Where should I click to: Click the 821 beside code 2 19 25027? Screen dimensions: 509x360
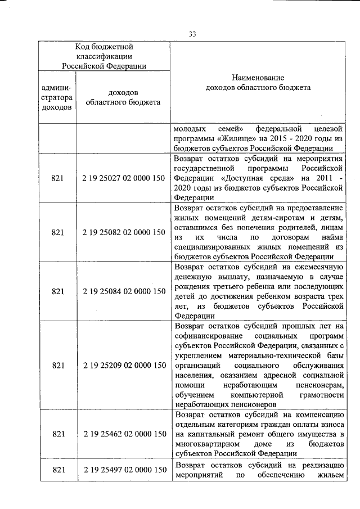click(x=58, y=178)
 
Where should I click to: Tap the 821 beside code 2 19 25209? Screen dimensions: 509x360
click(x=58, y=365)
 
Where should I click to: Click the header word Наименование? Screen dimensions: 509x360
click(x=258, y=77)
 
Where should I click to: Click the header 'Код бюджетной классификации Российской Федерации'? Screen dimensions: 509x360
click(x=104, y=56)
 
